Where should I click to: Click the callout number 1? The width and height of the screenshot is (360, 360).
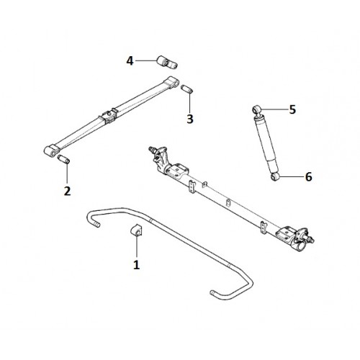[x=137, y=264]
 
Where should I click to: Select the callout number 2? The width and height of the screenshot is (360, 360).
[x=67, y=191]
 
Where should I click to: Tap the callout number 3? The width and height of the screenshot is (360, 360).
[x=190, y=119]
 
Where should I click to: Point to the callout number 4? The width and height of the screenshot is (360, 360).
[x=130, y=60]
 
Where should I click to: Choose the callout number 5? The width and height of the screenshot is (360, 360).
[x=292, y=109]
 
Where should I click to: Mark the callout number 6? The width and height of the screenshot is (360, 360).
[x=308, y=177]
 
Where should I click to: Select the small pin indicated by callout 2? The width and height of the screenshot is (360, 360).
[x=63, y=159]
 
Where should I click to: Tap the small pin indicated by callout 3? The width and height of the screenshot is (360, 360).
[x=187, y=89]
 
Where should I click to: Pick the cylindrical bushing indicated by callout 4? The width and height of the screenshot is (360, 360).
[x=167, y=62]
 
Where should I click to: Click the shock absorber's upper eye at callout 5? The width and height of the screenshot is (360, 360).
[x=257, y=109]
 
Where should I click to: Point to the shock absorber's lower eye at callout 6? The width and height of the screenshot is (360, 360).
[x=275, y=176]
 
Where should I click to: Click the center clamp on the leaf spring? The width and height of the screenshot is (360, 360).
[x=109, y=116]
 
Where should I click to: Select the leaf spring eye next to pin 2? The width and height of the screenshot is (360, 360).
[x=51, y=151]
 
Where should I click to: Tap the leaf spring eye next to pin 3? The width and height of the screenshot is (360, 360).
[x=174, y=81]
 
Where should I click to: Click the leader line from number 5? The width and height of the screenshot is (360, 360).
[x=274, y=109]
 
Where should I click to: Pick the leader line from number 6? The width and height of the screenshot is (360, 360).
[x=292, y=177]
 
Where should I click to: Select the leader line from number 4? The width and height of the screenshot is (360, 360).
[x=146, y=61]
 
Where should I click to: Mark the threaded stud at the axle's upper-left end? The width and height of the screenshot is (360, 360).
[x=152, y=149]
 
